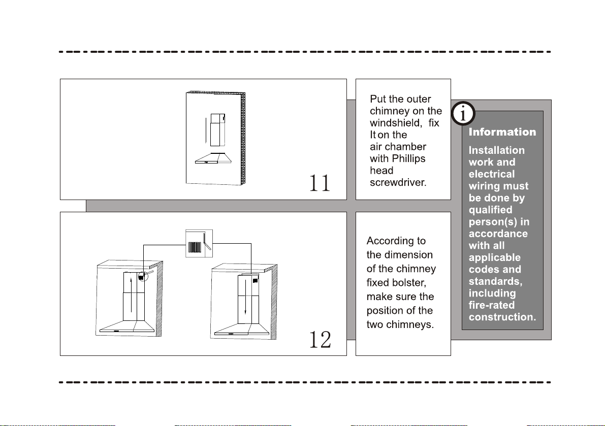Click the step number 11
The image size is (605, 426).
click(320, 183)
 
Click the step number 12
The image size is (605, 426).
click(320, 340)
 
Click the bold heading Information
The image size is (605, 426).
click(502, 133)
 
